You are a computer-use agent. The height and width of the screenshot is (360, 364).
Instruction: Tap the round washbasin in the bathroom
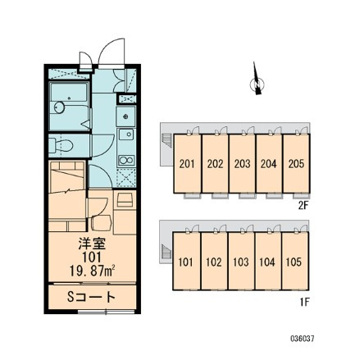[x=59, y=107]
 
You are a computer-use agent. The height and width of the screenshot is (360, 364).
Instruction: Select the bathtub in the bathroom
[x=69, y=93]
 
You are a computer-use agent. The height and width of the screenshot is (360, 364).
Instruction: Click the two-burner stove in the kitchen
[x=126, y=160]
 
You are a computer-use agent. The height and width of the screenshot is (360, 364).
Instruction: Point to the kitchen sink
[x=126, y=134]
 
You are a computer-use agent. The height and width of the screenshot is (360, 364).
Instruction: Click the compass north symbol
[x=257, y=80]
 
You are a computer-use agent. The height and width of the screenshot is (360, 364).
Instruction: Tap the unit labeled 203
[x=242, y=163]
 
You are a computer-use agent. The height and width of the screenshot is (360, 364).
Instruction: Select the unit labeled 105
[x=295, y=262]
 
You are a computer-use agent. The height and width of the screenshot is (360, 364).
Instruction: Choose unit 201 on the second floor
[x=188, y=163]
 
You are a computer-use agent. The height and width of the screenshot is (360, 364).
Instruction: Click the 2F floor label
[x=303, y=205]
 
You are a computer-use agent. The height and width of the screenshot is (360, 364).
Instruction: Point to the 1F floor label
[x=304, y=302]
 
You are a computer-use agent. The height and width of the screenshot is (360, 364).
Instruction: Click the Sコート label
[x=91, y=298]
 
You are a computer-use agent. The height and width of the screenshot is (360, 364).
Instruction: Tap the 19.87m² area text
[x=92, y=271]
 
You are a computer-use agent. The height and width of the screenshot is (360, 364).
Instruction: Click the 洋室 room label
[x=92, y=244]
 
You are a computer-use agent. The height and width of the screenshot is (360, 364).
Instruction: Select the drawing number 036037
[x=303, y=339]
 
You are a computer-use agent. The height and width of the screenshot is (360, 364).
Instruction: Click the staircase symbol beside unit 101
[x=166, y=250]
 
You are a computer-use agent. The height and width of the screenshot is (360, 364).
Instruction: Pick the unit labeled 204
[x=269, y=163]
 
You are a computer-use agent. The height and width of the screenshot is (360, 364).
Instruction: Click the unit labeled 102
[x=214, y=262]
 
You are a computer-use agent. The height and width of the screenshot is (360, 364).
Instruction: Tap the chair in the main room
[x=101, y=222]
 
